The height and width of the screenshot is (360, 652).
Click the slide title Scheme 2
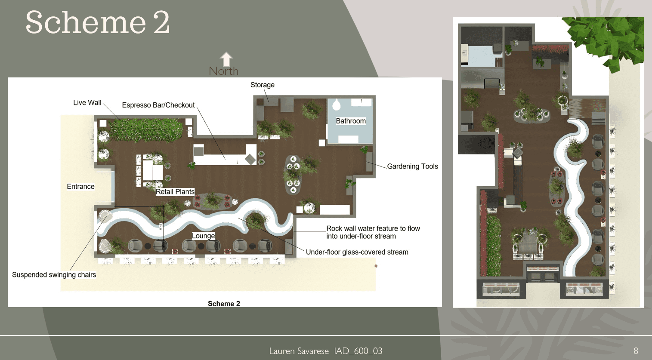click(98, 22)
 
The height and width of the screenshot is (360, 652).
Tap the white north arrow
click(226, 59)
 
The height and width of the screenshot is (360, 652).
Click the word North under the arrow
click(223, 71)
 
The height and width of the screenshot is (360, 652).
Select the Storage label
click(262, 85)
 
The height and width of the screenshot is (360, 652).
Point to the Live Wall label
click(87, 103)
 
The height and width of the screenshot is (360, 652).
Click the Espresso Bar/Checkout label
click(158, 105)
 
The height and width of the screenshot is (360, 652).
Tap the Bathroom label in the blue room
click(351, 121)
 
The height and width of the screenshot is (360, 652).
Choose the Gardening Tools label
click(412, 166)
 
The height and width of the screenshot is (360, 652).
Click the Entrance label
click(80, 186)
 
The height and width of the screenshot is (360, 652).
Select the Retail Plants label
click(175, 192)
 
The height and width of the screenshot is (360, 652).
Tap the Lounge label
click(203, 236)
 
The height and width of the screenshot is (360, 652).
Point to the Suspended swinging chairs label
click(54, 275)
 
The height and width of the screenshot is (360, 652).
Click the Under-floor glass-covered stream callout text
click(357, 252)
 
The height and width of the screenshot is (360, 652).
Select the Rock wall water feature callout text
click(373, 232)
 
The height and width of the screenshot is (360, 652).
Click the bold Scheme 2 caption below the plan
click(224, 304)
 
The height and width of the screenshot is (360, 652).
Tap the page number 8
click(636, 351)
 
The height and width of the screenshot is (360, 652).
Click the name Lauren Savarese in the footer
click(299, 351)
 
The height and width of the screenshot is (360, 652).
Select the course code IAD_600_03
click(358, 351)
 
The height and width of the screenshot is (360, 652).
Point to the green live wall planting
click(145, 130)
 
